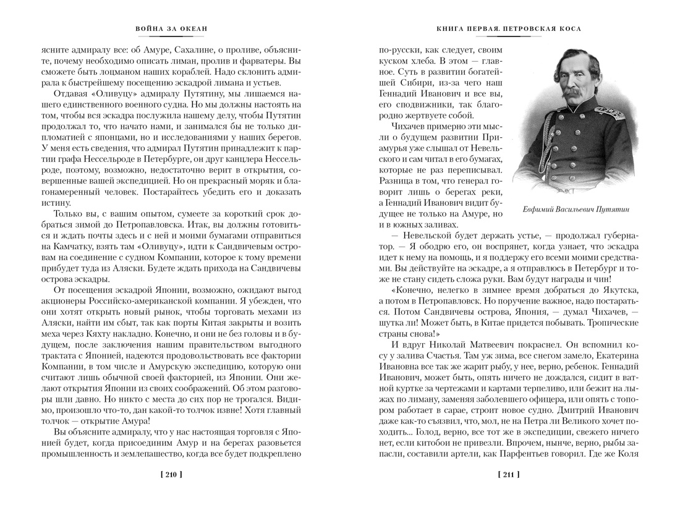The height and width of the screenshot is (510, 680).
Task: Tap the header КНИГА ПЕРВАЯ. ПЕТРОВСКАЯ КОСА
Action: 509,28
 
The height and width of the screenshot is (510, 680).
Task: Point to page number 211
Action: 509,475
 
